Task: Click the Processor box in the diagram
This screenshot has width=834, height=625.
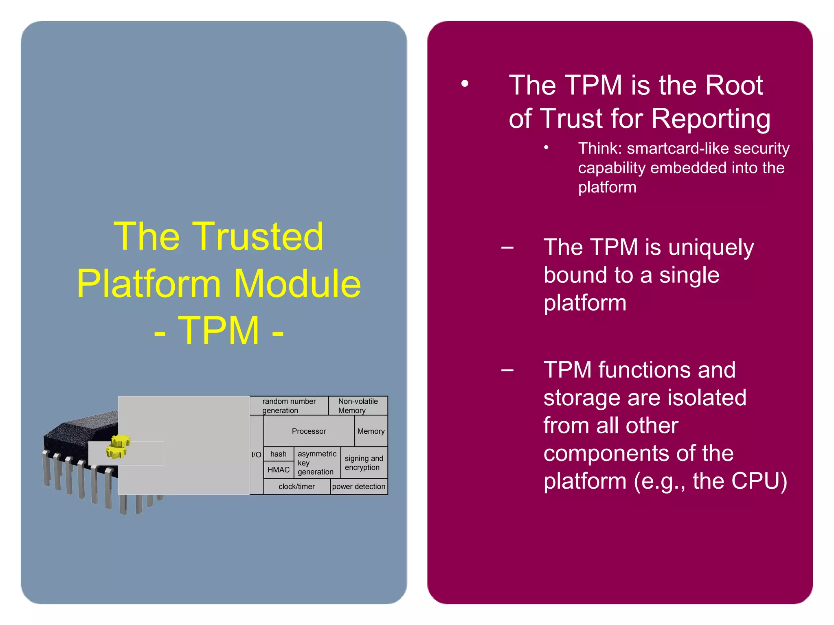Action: pyautogui.click(x=309, y=431)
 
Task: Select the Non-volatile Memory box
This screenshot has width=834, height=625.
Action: pyautogui.click(x=358, y=406)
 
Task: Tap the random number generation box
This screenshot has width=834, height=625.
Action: pyautogui.click(x=289, y=406)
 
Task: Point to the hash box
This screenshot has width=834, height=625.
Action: pyautogui.click(x=278, y=454)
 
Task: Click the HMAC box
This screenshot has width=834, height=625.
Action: pyautogui.click(x=279, y=470)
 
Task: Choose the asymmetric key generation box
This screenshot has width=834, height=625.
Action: pyautogui.click(x=317, y=463)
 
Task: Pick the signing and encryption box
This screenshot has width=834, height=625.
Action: pyautogui.click(x=364, y=463)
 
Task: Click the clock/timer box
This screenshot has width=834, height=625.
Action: pyautogui.click(x=296, y=486)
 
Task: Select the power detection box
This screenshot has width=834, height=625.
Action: pyautogui.click(x=358, y=486)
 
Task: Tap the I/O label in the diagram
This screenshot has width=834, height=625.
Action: pyautogui.click(x=256, y=455)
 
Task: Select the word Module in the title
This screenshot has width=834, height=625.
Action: pyautogui.click(x=297, y=284)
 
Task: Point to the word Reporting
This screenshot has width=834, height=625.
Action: pyautogui.click(x=711, y=119)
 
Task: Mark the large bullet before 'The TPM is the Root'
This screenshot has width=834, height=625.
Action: pyautogui.click(x=465, y=84)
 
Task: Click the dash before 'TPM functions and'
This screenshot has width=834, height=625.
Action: pyautogui.click(x=507, y=370)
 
